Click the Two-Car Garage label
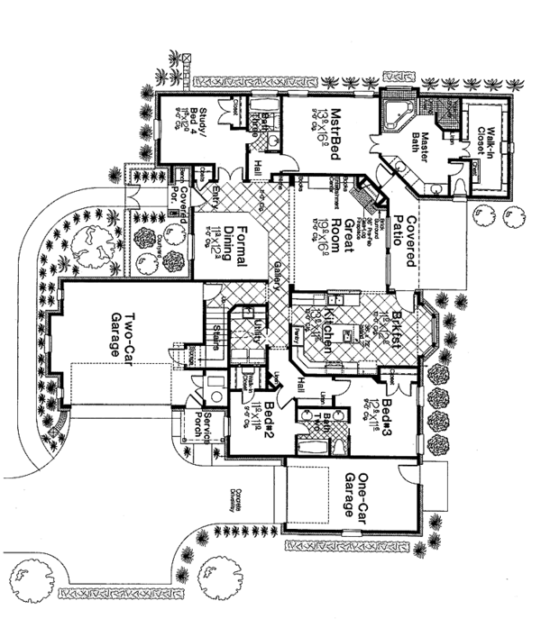pyautogui.click(x=123, y=334)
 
